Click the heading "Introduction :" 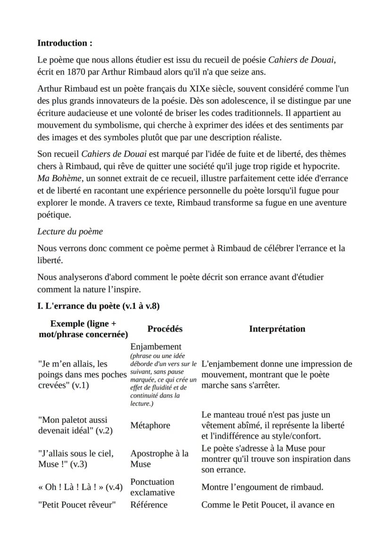(65, 43)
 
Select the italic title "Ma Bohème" (56, 179)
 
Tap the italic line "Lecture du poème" (70, 231)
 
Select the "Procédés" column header (165, 329)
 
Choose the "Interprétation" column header (277, 329)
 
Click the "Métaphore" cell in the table (150, 425)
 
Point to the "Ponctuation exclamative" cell (152, 487)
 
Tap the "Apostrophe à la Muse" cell (159, 459)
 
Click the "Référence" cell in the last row (149, 504)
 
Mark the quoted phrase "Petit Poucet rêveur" (76, 504)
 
